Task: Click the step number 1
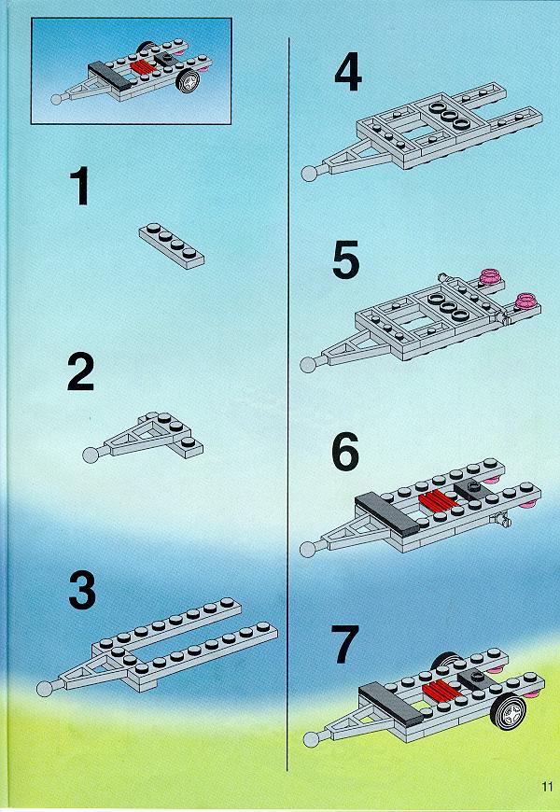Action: [x=80, y=186]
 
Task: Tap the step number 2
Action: [x=81, y=371]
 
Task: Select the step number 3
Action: [x=82, y=590]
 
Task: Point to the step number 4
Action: [x=348, y=74]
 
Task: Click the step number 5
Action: [x=346, y=259]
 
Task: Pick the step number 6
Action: [x=345, y=452]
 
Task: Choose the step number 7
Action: [x=345, y=644]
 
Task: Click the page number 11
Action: [x=548, y=786]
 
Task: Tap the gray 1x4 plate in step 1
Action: [x=172, y=245]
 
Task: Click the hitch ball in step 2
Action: [x=91, y=455]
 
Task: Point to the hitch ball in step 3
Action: [x=45, y=688]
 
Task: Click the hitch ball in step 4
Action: [x=309, y=173]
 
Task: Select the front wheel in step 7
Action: [x=508, y=710]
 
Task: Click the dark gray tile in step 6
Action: [x=387, y=513]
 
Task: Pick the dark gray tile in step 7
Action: [x=391, y=703]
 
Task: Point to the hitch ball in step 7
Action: [x=311, y=739]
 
